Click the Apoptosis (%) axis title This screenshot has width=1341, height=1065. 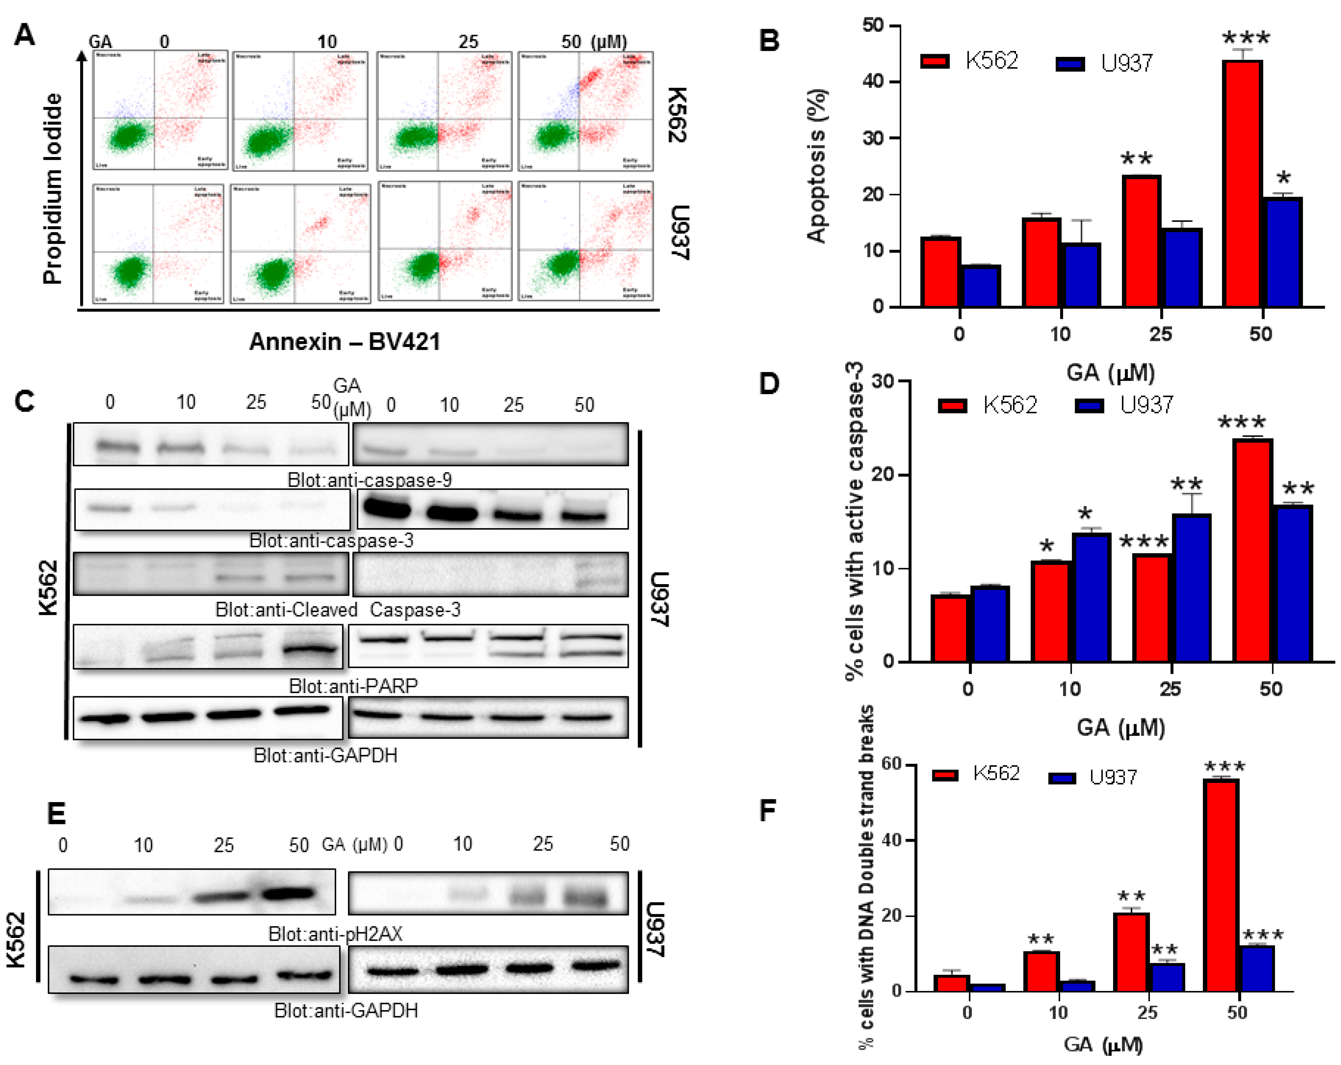click(x=816, y=165)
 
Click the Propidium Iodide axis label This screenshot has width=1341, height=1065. click(x=53, y=189)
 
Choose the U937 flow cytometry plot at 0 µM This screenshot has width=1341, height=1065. click(x=158, y=243)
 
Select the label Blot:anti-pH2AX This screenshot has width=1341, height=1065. click(x=335, y=933)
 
